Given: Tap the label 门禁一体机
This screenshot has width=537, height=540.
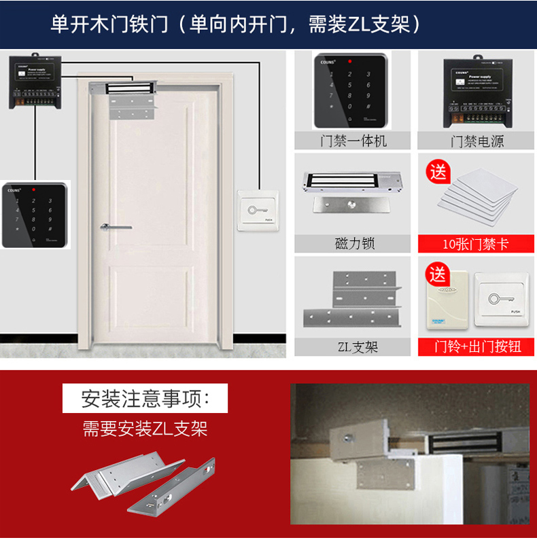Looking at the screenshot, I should [x=353, y=141].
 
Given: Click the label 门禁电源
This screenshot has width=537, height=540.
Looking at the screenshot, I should [x=477, y=141].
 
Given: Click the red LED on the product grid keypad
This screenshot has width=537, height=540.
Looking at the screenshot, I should [x=349, y=62].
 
